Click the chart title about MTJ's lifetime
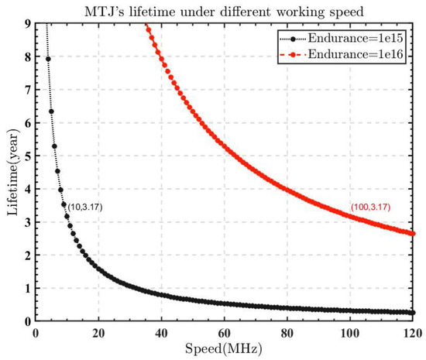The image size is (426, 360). [224, 9]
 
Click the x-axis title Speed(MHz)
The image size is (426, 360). [224, 349]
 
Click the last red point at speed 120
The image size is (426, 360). [413, 234]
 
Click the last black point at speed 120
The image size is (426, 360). [413, 313]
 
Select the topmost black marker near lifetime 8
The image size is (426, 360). [48, 59]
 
